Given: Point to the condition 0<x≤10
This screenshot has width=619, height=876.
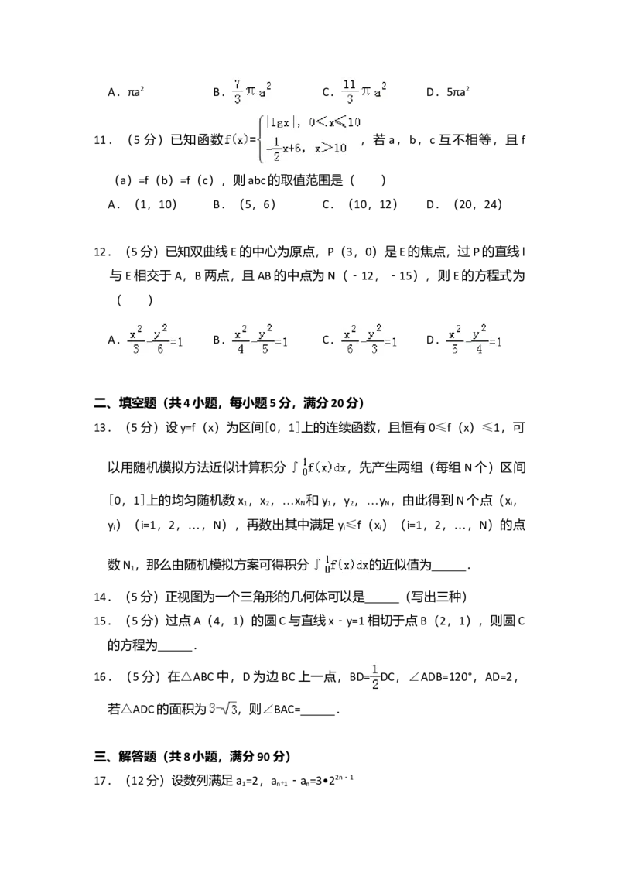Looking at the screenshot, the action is click(x=333, y=122).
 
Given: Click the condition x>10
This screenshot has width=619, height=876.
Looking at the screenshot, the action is click(x=330, y=148).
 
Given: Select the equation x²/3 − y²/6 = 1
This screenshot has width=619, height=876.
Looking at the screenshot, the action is click(x=155, y=340).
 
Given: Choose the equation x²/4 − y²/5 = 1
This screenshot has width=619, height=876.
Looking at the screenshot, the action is click(x=260, y=340).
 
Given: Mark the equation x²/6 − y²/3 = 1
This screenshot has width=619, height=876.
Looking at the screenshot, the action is click(x=371, y=340).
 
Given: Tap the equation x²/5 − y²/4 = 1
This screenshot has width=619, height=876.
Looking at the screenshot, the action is click(x=476, y=340).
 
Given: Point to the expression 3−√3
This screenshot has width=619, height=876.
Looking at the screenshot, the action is click(x=223, y=708).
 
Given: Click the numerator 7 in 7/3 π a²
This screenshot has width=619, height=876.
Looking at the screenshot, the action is click(x=237, y=83).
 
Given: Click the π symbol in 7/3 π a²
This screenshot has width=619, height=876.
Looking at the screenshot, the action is click(x=251, y=93).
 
